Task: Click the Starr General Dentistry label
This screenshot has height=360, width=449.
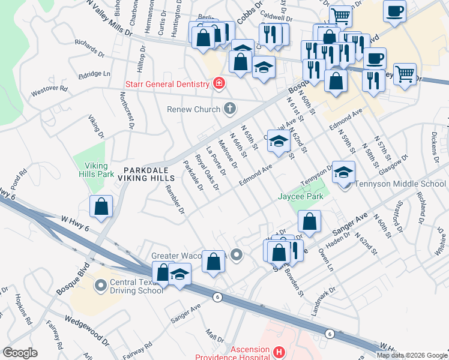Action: pyautogui.click(x=167, y=84)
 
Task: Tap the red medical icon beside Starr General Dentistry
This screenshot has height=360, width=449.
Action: pyautogui.click(x=218, y=83)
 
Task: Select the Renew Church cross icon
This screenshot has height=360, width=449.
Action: pyautogui.click(x=229, y=109)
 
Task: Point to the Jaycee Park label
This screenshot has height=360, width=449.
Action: pyautogui.click(x=300, y=196)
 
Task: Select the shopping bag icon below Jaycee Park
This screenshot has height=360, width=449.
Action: pyautogui.click(x=309, y=221)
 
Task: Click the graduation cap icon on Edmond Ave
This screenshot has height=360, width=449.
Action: pyautogui.click(x=279, y=141)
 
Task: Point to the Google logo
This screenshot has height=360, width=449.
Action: pyautogui.click(x=20, y=352)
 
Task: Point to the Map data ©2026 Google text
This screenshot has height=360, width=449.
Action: pyautogui.click(x=412, y=355)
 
